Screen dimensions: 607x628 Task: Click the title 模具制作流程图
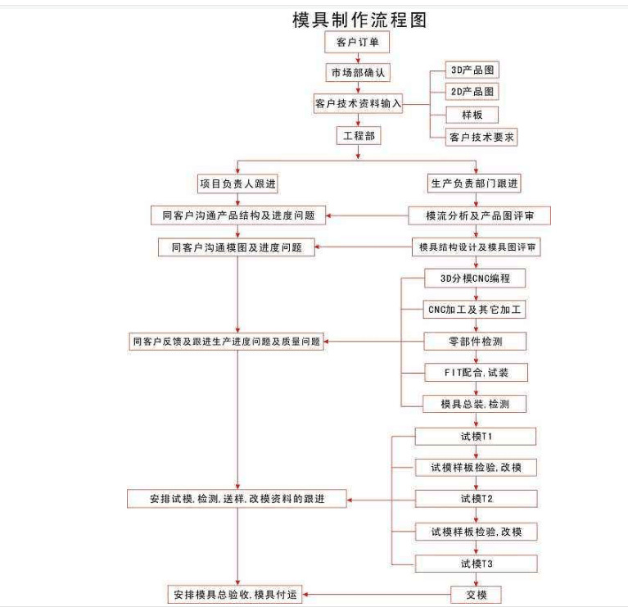coord(359,20)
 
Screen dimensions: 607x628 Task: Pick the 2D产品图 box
coord(471,92)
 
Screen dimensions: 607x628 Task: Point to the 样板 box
coord(471,114)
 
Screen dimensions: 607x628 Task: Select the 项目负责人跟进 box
coord(237,182)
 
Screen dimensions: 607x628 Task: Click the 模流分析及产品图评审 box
coord(479,215)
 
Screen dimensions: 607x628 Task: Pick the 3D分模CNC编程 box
coord(475,279)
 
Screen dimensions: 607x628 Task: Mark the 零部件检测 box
coord(475,341)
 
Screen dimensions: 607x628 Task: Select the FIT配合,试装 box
coord(475,372)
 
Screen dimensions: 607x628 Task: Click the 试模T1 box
coord(476,435)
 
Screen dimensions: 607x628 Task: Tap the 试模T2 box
coord(476,498)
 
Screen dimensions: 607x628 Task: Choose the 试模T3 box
coord(476,563)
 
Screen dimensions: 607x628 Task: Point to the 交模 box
coord(476,594)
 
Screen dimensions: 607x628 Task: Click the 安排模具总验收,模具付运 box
coord(237,594)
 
